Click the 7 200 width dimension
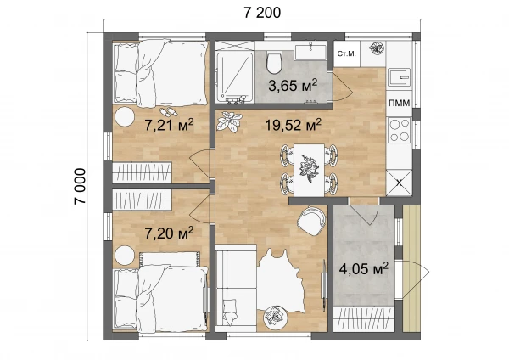pyautogui.click(x=262, y=13)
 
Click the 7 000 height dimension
pyautogui.click(x=80, y=186)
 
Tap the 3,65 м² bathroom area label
pyautogui.click(x=293, y=86)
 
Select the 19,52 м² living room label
pyautogui.click(x=294, y=125)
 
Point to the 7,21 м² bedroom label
pyautogui.click(x=169, y=125)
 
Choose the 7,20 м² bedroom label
pyautogui.click(x=169, y=233)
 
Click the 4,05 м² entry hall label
pyautogui.click(x=364, y=268)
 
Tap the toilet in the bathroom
pyautogui.click(x=274, y=62)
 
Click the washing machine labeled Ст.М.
pyautogui.click(x=347, y=53)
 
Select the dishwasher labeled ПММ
pyautogui.click(x=400, y=104)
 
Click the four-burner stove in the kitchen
pyautogui.click(x=400, y=130)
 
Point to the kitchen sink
pyautogui.click(x=400, y=78)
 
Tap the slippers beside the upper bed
pyautogui.click(x=169, y=112)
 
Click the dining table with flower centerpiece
pyautogui.click(x=309, y=170)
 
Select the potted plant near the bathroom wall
pyautogui.click(x=230, y=121)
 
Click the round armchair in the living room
pyautogui.click(x=310, y=221)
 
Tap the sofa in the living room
pyautogui.click(x=236, y=288)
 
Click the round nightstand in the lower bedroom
pyautogui.click(x=125, y=256)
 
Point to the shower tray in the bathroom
pyautogui.click(x=235, y=76)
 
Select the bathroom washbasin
pyautogui.click(x=310, y=52)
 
